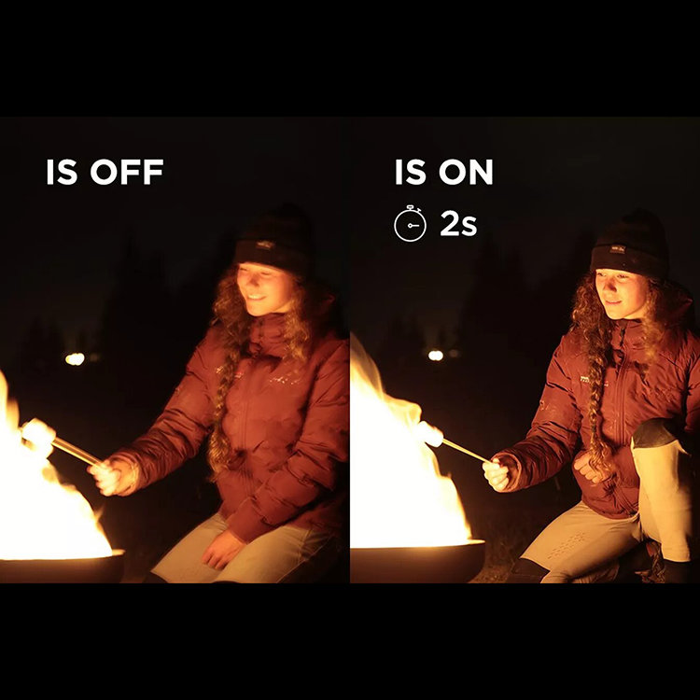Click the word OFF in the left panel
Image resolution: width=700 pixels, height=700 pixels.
point(127,172)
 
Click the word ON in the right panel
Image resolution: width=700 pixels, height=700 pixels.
point(466,172)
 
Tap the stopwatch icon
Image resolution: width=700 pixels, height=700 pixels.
point(410,224)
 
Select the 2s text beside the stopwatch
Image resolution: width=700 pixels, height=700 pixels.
point(458,224)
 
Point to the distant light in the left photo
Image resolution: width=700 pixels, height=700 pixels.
point(75,358)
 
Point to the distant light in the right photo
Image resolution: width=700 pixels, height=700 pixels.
point(436,356)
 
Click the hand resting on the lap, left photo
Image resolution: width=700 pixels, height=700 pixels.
point(222,550)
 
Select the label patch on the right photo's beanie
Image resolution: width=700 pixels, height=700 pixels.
point(618,249)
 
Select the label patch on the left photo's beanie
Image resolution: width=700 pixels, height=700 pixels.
point(265,245)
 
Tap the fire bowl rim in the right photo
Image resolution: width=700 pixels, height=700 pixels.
point(417,545)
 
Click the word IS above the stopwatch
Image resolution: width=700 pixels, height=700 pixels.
point(409,172)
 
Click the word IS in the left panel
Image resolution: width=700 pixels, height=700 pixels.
point(62,172)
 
